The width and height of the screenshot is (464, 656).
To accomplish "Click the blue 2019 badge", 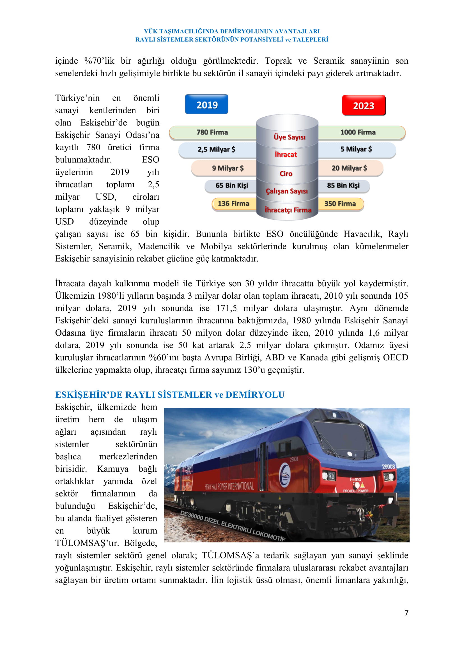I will click(206, 105).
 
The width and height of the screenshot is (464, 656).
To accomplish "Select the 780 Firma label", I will click(212, 132).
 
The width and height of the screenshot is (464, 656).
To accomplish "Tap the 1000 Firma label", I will click(358, 132).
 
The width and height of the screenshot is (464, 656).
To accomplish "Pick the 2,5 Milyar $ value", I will click(216, 149).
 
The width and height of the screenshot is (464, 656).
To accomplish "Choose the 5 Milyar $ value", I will click(356, 149).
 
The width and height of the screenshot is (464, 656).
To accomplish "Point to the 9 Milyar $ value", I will click(228, 168).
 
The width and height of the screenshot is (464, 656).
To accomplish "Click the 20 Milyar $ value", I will click(349, 168).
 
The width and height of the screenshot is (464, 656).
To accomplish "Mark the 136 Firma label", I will click(233, 204).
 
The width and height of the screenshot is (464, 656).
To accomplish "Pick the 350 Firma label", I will click(340, 204).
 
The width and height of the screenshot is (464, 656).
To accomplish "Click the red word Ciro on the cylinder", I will click(286, 174).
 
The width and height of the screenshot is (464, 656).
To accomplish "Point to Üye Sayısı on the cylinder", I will click(290, 137).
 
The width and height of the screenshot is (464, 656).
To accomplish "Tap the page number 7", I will click(406, 613).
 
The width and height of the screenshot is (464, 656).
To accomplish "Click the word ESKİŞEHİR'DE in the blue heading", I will click(89, 395).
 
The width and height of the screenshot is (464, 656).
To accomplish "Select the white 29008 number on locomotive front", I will click(388, 467).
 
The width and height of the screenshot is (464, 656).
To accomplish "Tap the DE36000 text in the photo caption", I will click(191, 517).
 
